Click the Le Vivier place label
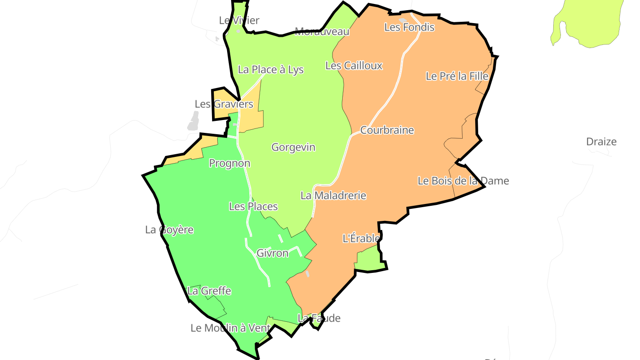[x=239, y=20]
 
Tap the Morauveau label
[x=322, y=32]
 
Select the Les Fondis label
[x=409, y=28]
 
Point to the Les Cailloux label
[x=354, y=66]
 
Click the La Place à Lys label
[x=271, y=70]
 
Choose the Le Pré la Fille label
[x=457, y=76]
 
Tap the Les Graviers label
[x=224, y=104]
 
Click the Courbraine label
[x=387, y=130]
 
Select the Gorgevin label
[x=293, y=147]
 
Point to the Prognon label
[x=229, y=164]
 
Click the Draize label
[x=601, y=142]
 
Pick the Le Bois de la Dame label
[x=463, y=181]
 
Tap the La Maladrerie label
[x=333, y=196]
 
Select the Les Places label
[x=253, y=207]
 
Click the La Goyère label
[x=169, y=230]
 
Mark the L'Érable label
[x=361, y=239]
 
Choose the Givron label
[x=272, y=253]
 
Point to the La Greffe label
[x=209, y=291]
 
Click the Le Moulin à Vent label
[x=230, y=328]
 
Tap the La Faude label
[x=319, y=318]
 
